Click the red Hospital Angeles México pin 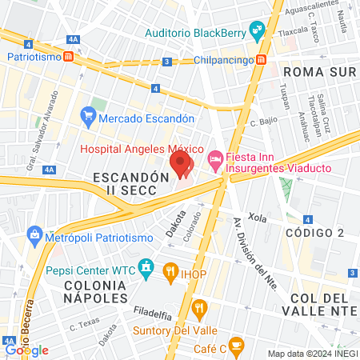(x=182, y=165)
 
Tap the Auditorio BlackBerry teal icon (x=258, y=34)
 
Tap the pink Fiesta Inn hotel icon (x=215, y=159)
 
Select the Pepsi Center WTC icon (x=146, y=266)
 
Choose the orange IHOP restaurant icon (x=170, y=272)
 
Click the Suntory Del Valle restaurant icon (x=200, y=306)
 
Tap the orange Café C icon (x=235, y=346)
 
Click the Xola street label (x=257, y=217)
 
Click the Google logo (x=27, y=350)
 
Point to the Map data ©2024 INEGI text (x=310, y=354)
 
